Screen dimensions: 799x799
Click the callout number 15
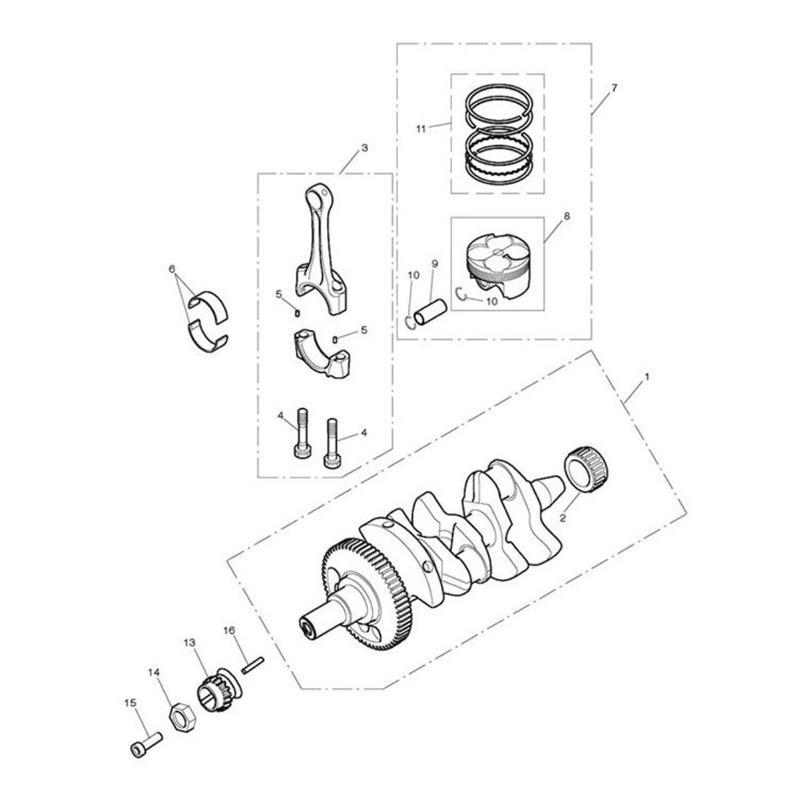tap(129, 702)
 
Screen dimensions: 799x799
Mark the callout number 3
tap(364, 147)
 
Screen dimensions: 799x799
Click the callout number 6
tap(172, 269)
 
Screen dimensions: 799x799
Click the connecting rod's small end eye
tap(318, 198)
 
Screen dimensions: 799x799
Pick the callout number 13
tap(190, 643)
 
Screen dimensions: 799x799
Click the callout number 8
tap(567, 216)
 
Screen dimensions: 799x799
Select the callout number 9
tap(434, 264)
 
